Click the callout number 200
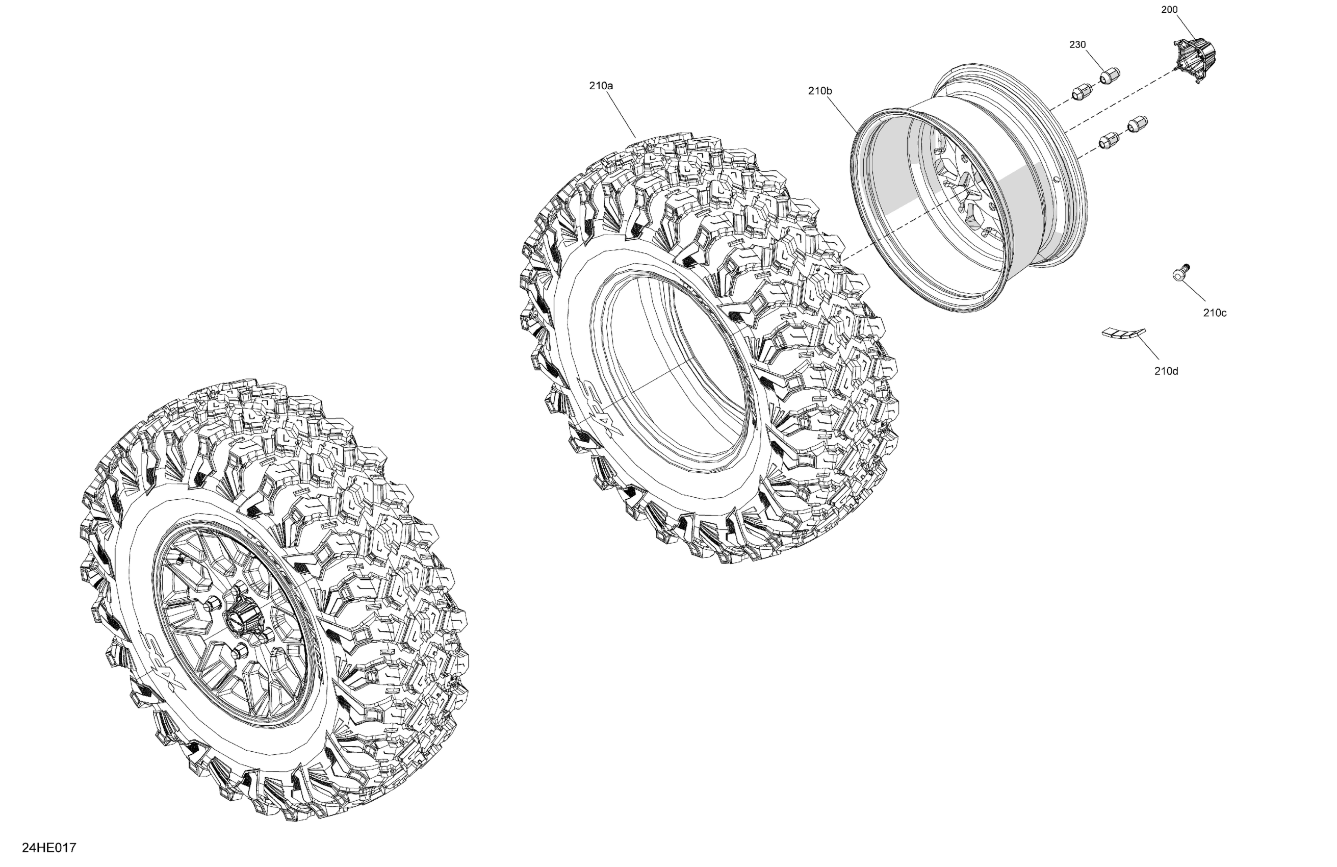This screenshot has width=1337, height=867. pos(1170,10)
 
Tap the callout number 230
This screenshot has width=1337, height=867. pos(1077,44)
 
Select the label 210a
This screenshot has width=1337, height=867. pos(601,86)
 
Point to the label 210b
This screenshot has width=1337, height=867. pos(820,90)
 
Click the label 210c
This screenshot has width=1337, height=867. pos(1215,313)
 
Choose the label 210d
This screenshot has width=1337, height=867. pos(1166,371)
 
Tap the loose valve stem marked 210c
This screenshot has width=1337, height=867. pos(1181,272)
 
